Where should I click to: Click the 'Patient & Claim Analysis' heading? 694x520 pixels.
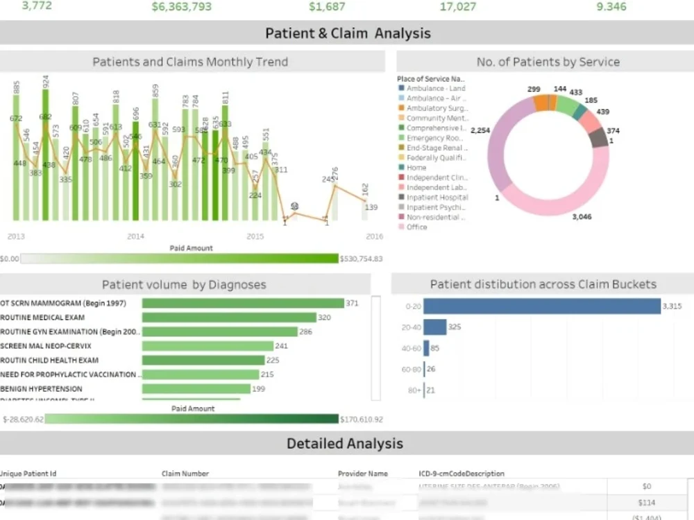click(x=348, y=33)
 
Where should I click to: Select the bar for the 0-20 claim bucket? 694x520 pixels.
click(x=541, y=306)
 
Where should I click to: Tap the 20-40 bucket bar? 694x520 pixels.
click(x=434, y=327)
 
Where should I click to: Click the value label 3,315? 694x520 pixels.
click(x=672, y=306)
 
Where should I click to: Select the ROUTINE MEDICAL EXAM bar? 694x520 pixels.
click(x=229, y=318)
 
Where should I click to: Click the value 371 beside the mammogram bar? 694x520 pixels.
click(x=352, y=303)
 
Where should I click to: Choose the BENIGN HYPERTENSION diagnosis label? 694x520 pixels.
click(x=42, y=389)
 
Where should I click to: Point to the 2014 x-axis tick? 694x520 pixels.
click(x=135, y=236)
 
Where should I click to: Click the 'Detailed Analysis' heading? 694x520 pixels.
click(x=344, y=443)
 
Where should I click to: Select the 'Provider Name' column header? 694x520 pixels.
click(x=362, y=474)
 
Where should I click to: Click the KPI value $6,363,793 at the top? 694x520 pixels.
click(x=181, y=7)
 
